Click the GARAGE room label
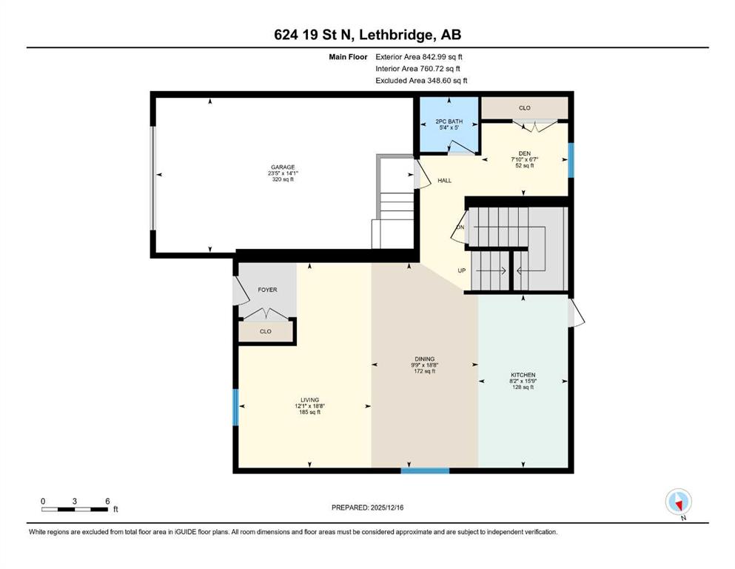tap(283, 167)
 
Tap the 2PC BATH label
tap(449, 121)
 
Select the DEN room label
tap(525, 153)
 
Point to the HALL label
tap(444, 181)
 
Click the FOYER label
tap(267, 290)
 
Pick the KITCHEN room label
tap(523, 375)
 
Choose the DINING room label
tap(425, 359)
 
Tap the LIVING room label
tap(310, 400)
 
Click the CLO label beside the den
tap(525, 108)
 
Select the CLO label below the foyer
tap(265, 331)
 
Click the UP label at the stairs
tap(462, 270)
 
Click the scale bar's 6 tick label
tap(107, 501)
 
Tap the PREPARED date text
tap(367, 508)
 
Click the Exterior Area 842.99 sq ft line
tap(419, 57)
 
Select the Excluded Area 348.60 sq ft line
tap(421, 80)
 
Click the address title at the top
tap(367, 35)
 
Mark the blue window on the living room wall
tap(236, 407)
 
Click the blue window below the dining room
tap(425, 470)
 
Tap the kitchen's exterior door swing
tap(577, 313)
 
